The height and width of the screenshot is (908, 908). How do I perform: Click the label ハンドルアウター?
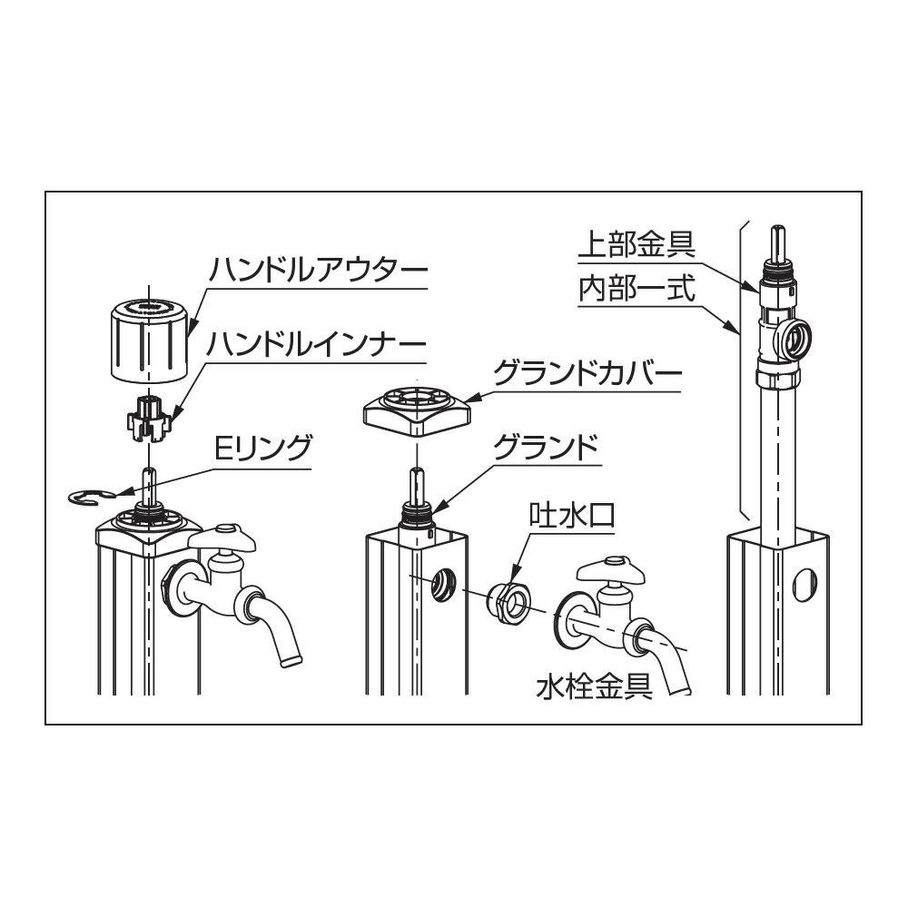(x=319, y=271)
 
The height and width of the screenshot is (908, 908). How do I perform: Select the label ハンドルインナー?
(x=317, y=344)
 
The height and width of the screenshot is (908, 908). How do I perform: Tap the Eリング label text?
(x=263, y=448)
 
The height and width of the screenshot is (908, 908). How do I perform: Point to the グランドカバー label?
(x=587, y=374)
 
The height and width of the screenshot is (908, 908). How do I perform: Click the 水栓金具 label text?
(x=594, y=687)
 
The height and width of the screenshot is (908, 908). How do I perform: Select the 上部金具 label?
(x=637, y=244)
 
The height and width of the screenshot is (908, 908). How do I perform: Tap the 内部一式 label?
(x=637, y=289)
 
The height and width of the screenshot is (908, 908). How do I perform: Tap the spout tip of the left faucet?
(x=291, y=657)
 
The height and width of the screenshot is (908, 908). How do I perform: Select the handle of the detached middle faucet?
(x=611, y=573)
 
